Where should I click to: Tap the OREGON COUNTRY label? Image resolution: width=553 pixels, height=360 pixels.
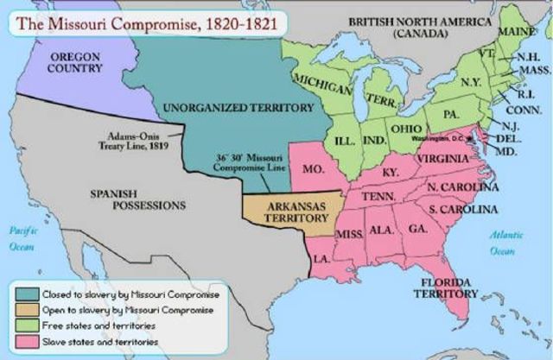pos(74,62)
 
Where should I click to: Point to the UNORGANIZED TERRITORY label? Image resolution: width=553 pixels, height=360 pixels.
pos(237,108)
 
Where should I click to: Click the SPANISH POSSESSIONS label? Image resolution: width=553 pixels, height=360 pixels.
pos(137,199)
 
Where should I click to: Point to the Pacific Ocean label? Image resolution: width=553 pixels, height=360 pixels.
pos(20,238)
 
